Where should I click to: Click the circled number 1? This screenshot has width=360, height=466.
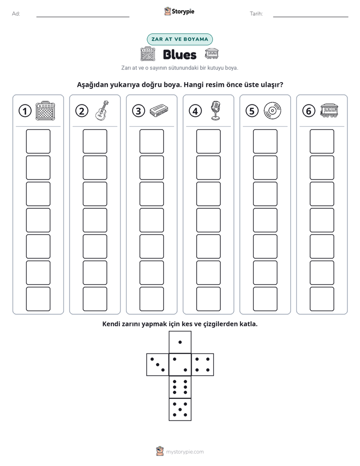(x=25, y=111)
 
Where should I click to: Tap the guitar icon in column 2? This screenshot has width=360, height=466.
(x=102, y=110)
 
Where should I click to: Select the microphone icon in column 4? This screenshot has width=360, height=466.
(x=215, y=110)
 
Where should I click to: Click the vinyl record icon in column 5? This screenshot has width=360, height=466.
(x=272, y=110)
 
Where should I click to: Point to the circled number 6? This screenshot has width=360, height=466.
(x=309, y=111)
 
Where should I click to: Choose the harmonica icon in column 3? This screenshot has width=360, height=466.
(x=159, y=110)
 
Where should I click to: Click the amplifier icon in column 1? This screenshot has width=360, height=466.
(x=45, y=111)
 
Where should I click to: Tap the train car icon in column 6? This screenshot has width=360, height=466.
(x=329, y=110)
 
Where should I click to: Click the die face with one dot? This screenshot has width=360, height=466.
(x=180, y=342)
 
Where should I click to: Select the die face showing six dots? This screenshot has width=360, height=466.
(x=180, y=387)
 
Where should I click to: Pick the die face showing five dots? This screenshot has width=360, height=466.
(x=180, y=410)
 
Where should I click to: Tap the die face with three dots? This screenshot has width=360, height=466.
(x=158, y=365)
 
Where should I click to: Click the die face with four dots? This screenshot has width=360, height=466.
(x=203, y=365)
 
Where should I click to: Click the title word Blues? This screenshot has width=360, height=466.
(x=179, y=54)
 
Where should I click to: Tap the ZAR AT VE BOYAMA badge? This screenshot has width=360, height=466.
(x=179, y=39)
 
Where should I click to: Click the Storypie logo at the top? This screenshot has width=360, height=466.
(x=179, y=12)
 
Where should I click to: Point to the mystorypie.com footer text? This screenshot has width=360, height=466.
(x=185, y=452)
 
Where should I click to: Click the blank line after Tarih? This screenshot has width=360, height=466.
(x=311, y=17)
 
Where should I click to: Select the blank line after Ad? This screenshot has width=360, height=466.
(x=83, y=17)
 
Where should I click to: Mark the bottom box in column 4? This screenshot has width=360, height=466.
(x=209, y=299)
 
